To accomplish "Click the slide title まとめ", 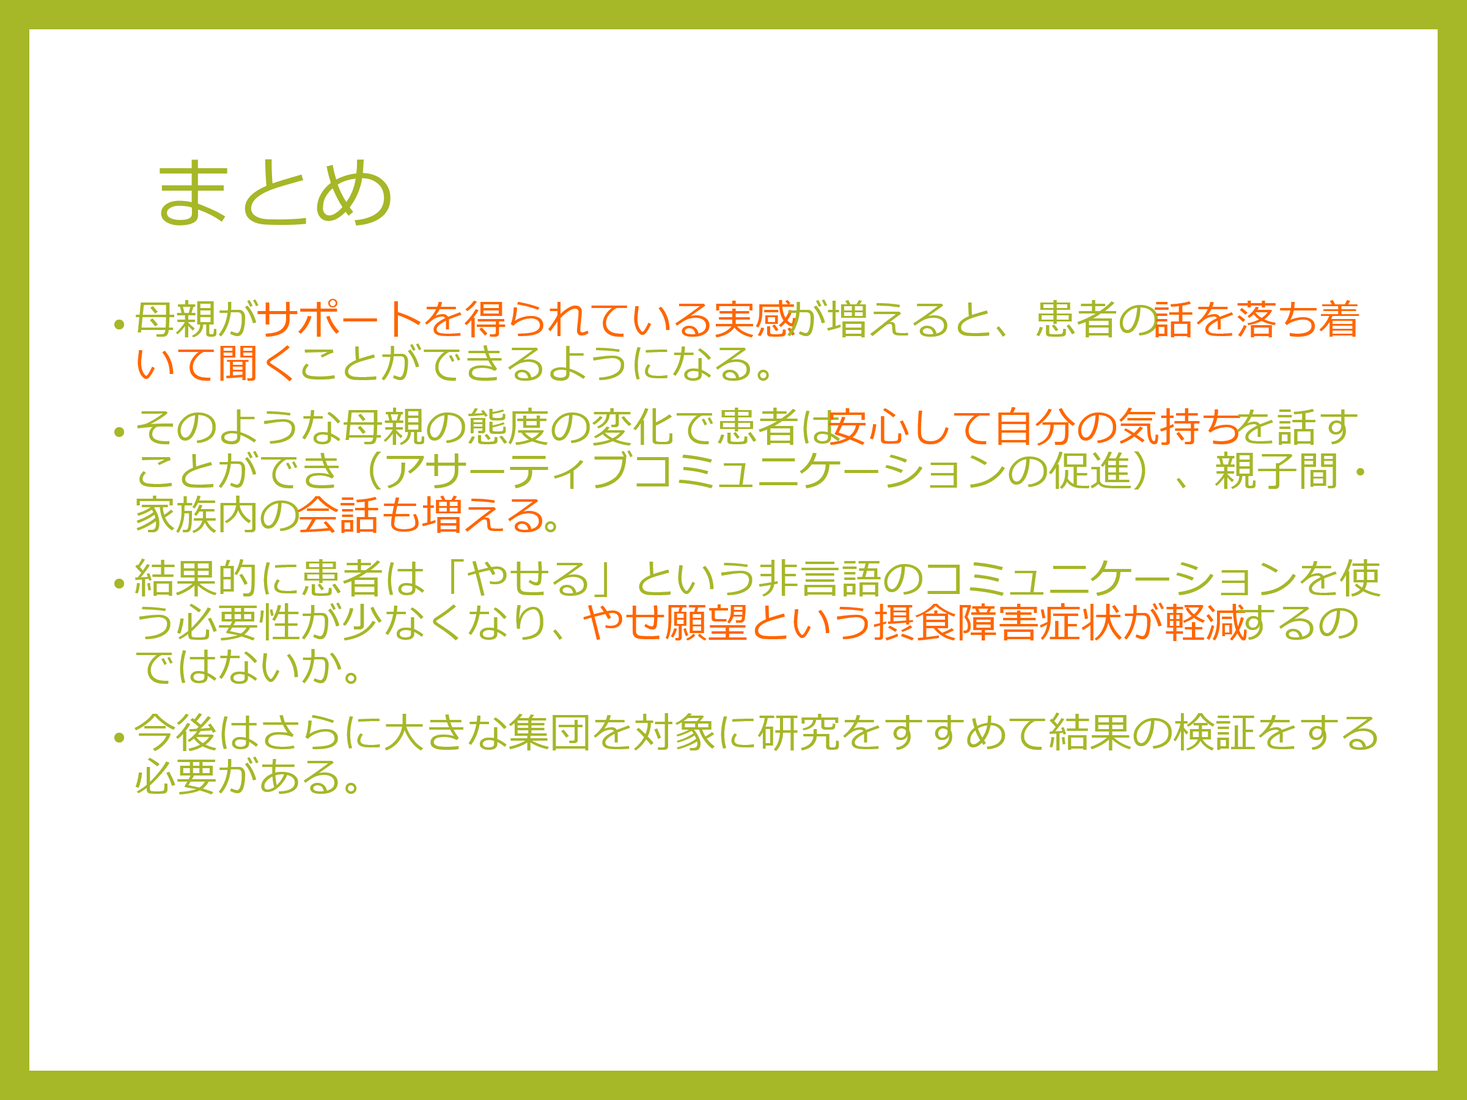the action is pos(274,192).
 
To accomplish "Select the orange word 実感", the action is pos(755,319).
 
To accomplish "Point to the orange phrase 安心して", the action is pos(910,427).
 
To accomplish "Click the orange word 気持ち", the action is pos(1179,427).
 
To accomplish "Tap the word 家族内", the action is pos(197,515).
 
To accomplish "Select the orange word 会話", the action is pos(339,515).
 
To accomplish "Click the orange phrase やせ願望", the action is pos(665,623).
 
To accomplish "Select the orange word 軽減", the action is pos(1206,623).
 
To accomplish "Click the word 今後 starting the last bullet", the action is pos(176,733).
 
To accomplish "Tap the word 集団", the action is pos(550,733).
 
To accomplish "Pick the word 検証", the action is pos(1215,733).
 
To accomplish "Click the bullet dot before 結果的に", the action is pos(119,584).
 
